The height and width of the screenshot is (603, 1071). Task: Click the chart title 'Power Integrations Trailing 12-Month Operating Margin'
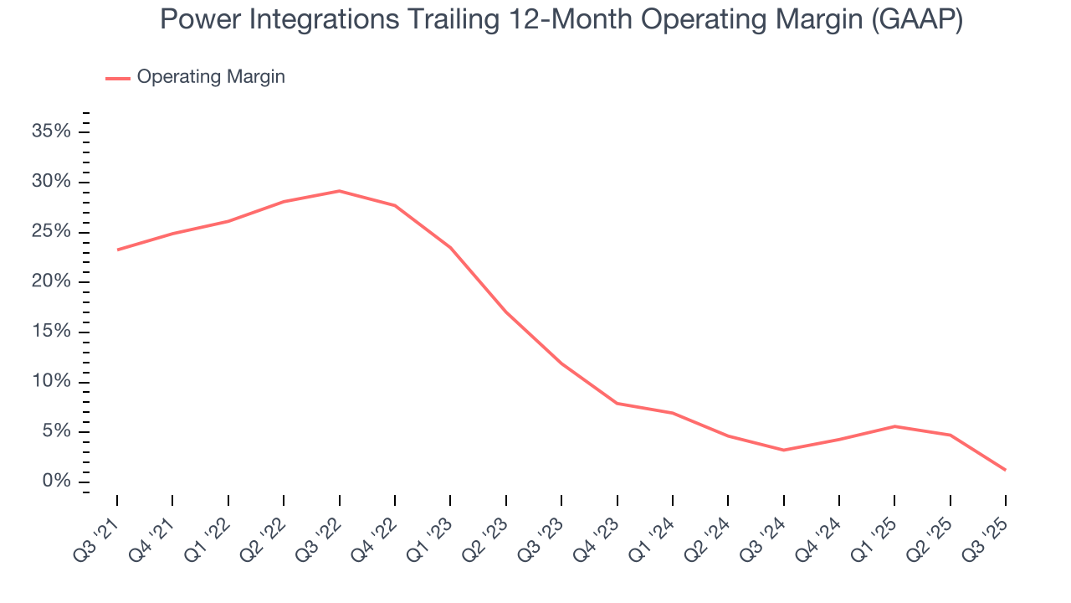(x=561, y=20)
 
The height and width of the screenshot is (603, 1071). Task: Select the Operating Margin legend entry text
(x=211, y=77)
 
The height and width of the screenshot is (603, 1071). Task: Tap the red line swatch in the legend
(x=118, y=78)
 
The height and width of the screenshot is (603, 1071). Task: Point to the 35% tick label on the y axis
(x=51, y=131)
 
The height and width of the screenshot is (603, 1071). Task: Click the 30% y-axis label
(x=51, y=182)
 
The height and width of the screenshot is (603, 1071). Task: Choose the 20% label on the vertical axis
(x=51, y=281)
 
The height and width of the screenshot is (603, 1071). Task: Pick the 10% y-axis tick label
(x=51, y=382)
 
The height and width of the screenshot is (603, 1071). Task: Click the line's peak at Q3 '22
(x=339, y=191)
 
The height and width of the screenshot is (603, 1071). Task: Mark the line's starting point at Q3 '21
(x=117, y=250)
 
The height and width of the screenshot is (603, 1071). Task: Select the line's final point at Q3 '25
(x=1005, y=470)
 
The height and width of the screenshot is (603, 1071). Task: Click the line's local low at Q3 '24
(x=783, y=450)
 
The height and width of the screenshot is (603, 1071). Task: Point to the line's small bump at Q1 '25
(x=894, y=426)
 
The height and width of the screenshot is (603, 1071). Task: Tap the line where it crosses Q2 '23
(x=505, y=312)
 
